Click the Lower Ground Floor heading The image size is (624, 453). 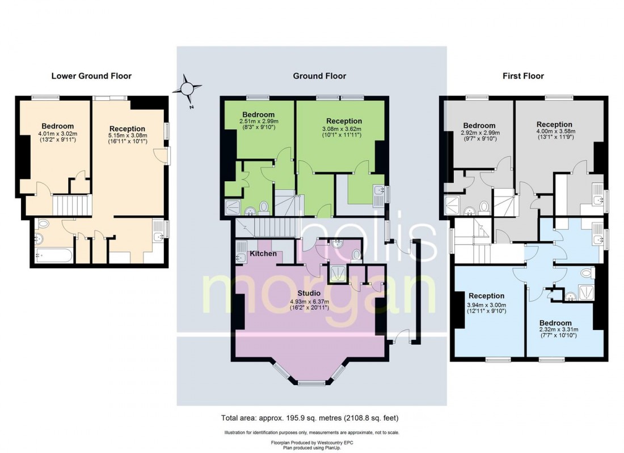point(91,76)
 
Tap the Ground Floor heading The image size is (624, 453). point(319,76)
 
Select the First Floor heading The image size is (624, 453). point(523,76)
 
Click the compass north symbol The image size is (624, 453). point(188,89)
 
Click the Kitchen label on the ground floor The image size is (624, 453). point(263,254)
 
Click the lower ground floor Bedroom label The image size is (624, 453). point(57,126)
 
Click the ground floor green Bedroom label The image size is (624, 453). point(259,114)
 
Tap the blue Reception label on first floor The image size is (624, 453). point(486,296)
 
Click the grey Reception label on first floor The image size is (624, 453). point(554,125)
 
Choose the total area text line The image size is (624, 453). point(310,418)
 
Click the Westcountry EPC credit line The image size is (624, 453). point(310,442)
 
